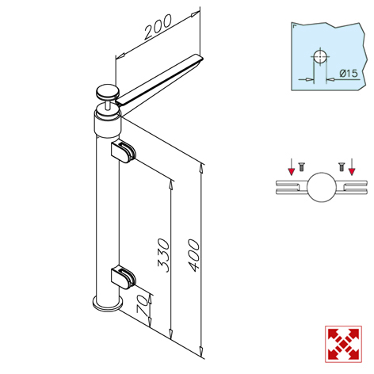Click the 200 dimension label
coord(158,26)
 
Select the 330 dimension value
coord(163,255)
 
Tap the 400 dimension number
coord(194,255)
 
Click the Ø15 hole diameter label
coord(349,73)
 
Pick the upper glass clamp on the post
coord(123,152)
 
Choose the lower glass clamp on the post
coord(123,277)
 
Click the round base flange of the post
coord(108,304)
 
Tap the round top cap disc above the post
coord(108,92)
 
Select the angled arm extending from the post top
coord(160,79)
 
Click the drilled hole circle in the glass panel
coord(320,56)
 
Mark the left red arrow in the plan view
coord(291,166)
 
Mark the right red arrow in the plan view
coord(352,166)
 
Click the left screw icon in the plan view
coord(301,167)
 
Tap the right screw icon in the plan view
coord(342,167)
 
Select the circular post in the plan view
coord(322,187)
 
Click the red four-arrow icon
coord(343,344)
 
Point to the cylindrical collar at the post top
coord(108,124)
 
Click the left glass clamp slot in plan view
coord(292,187)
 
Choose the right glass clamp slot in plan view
coord(352,187)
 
